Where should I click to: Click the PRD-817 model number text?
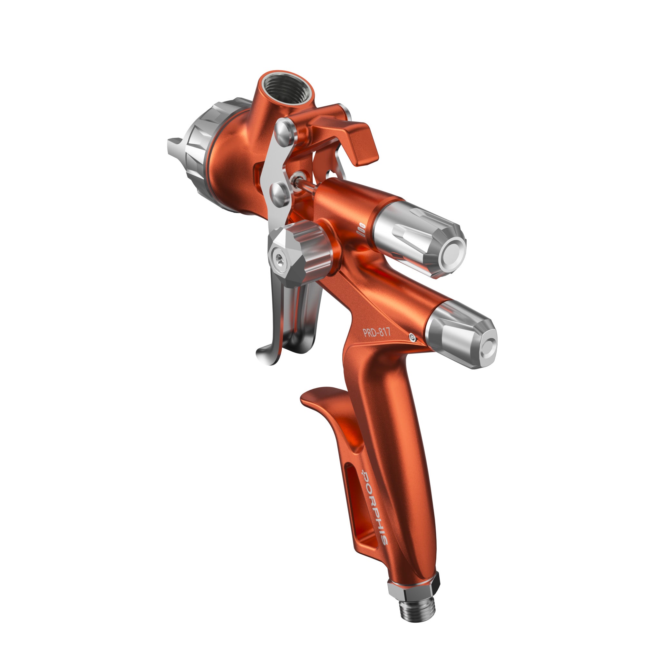376,332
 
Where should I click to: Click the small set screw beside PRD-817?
412,337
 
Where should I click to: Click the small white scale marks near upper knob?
362,227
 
